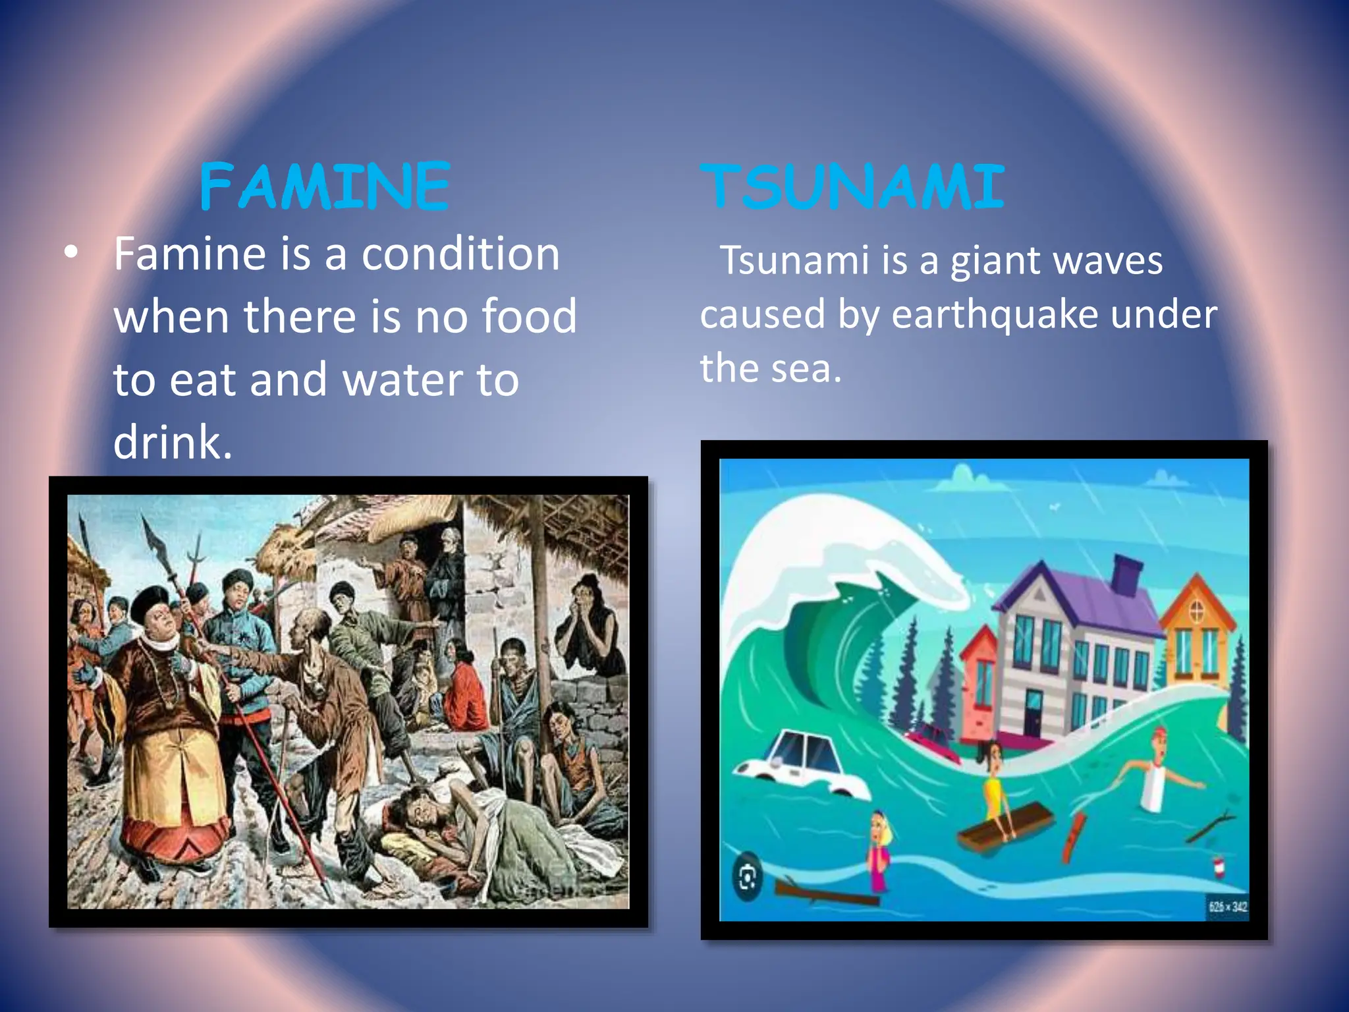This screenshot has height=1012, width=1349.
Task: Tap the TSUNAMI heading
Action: (852, 187)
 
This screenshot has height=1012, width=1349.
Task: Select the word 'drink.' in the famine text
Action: (173, 441)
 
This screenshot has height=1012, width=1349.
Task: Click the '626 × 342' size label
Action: (1227, 907)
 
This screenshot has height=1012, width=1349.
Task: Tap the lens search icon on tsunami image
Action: (747, 878)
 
